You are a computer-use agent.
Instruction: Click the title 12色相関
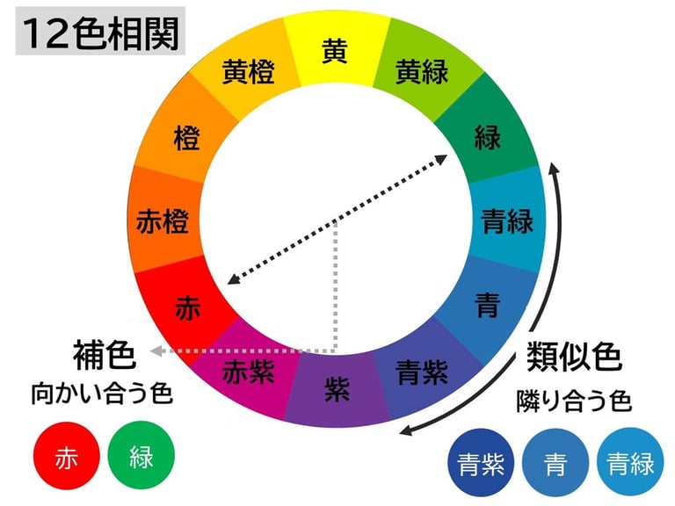(98, 34)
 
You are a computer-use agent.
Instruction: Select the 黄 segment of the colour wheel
(334, 52)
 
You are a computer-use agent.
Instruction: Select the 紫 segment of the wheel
(337, 390)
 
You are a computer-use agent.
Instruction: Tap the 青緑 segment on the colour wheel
(507, 220)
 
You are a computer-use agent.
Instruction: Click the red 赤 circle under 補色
(67, 457)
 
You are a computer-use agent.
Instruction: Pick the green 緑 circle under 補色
(142, 457)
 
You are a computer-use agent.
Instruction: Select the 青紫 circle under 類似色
(481, 463)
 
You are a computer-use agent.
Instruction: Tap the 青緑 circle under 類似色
(630, 463)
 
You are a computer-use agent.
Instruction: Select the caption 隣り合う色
(574, 401)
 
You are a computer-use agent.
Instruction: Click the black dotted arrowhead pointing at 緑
(442, 158)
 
